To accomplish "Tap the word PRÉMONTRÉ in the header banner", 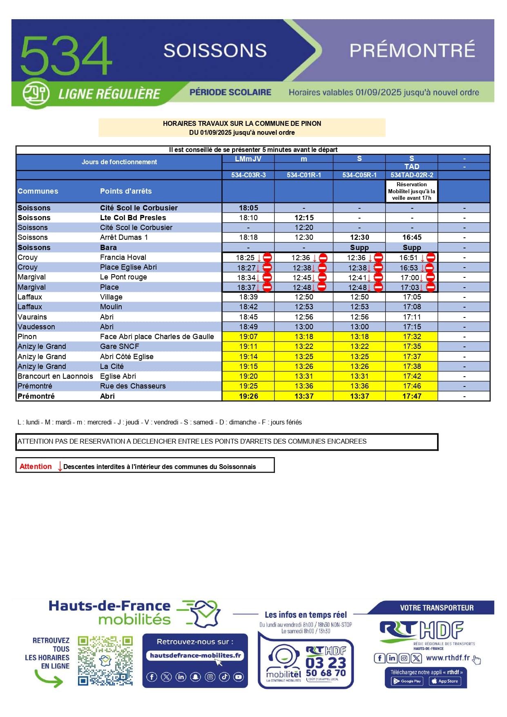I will click(412, 50).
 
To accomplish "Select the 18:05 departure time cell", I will click(248, 208).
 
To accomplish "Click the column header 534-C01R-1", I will click(304, 175).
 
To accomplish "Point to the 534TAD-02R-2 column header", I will click(411, 175).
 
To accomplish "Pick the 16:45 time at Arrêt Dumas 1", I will click(411, 237).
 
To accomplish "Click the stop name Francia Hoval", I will click(123, 257).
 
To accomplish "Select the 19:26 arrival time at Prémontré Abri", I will click(248, 396).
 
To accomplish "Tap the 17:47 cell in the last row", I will click(411, 396).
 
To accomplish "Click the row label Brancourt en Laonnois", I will click(55, 376).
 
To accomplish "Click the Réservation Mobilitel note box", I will click(411, 191).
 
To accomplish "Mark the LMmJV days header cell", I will click(248, 159).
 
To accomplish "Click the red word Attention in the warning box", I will click(36, 467).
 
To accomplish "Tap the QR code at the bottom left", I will click(105, 660).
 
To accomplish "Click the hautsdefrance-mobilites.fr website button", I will click(195, 656).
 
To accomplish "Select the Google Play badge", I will click(407, 681).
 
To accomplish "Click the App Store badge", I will click(444, 681).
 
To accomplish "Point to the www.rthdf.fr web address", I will click(448, 658).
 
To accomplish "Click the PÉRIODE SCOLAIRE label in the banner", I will click(230, 92).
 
